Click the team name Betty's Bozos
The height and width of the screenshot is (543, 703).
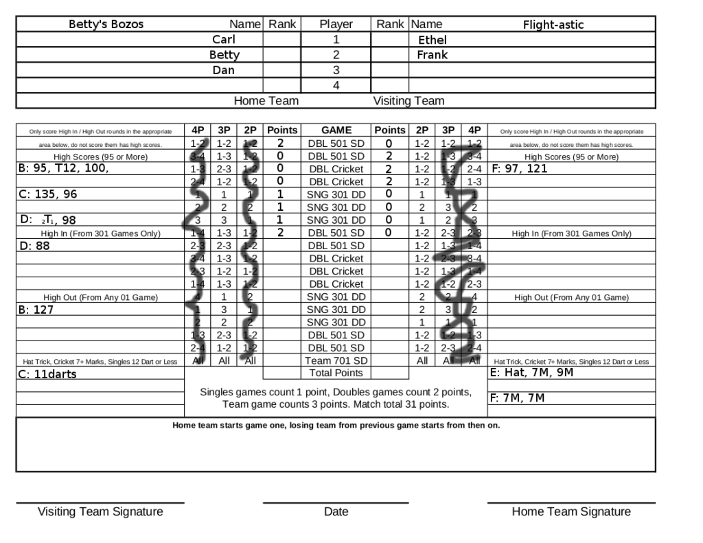pos(106,25)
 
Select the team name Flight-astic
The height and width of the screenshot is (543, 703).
pos(553,25)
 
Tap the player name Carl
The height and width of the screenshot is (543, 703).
pos(223,40)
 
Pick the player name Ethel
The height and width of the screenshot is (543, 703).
pos(432,40)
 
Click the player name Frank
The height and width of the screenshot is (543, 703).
pos(433,55)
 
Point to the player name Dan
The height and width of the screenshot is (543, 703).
pos(223,70)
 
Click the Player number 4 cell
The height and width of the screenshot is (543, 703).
pos(336,86)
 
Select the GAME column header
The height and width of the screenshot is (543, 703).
pos(336,130)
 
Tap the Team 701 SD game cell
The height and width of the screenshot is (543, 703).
pos(336,360)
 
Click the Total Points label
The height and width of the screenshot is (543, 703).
pos(336,373)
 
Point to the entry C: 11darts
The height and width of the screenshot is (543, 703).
pos(47,374)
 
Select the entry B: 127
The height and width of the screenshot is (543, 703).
pos(36,310)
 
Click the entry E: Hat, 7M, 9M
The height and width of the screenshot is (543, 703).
pos(532,373)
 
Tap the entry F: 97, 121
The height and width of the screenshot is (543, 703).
pos(520,168)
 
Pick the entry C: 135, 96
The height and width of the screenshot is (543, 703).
pos(47,194)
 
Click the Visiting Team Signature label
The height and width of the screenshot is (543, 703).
pos(100,511)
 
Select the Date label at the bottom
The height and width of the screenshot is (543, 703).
pos(336,511)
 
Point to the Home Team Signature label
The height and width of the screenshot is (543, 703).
pos(571,511)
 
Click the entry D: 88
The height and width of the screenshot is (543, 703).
pos(34,246)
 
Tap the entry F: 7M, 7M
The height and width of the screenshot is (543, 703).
pos(518,398)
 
